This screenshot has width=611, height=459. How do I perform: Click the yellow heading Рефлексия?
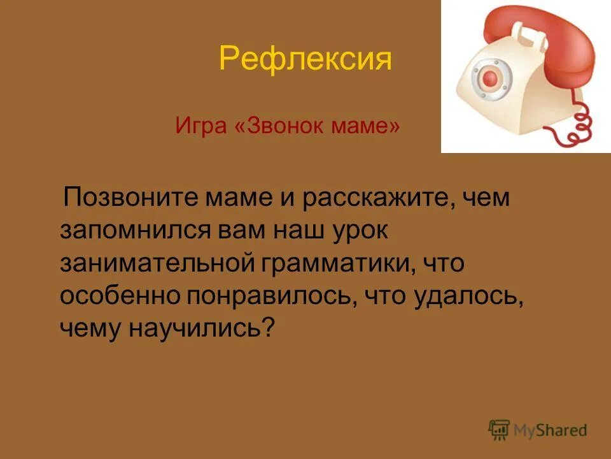[305, 59]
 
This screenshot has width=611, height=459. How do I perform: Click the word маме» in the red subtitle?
[366, 126]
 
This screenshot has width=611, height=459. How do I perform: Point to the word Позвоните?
[132, 198]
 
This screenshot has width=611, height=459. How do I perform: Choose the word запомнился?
[131, 229]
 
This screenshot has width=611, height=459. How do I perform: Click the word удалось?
[467, 295]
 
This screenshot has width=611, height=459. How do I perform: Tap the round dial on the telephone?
[490, 79]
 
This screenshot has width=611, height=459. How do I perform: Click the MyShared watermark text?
[550, 430]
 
